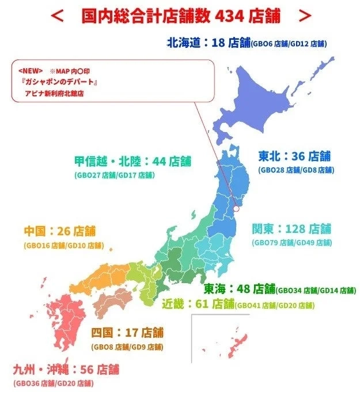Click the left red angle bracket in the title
56,17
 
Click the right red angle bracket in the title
305,17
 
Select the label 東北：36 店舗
294,156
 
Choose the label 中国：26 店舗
60,232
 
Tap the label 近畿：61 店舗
198,304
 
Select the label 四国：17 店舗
127,333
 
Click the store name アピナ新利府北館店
54,93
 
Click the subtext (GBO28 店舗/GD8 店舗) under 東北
295,170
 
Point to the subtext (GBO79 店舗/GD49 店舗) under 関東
291,243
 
